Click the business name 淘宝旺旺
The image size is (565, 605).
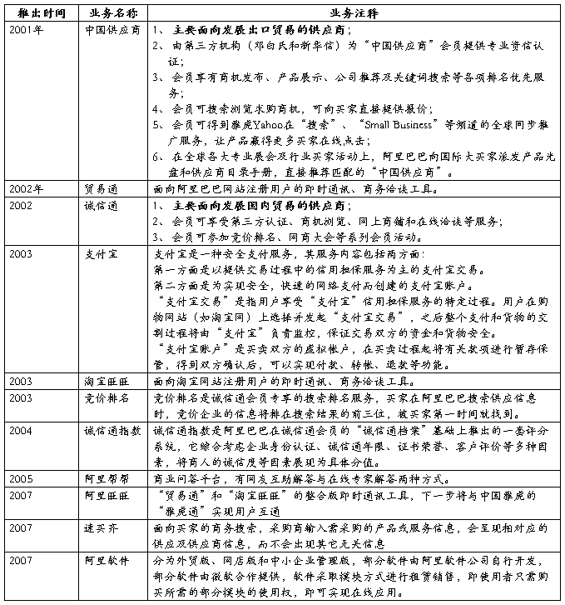(x=106, y=381)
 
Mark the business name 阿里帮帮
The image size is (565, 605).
(x=106, y=479)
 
